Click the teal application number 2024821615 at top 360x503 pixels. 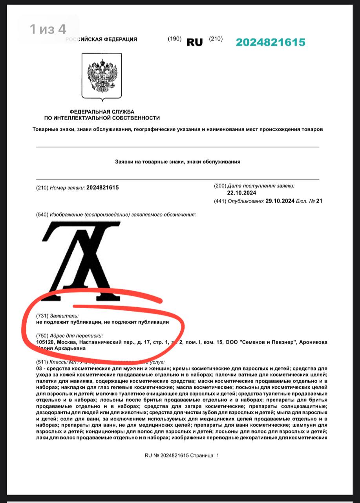pyautogui.click(x=270, y=42)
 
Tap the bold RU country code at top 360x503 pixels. pyautogui.click(x=195, y=42)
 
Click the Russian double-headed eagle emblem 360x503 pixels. pyautogui.click(x=102, y=76)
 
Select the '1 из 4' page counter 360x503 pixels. pyautogui.click(x=48, y=29)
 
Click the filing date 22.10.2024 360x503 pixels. pyautogui.click(x=241, y=193)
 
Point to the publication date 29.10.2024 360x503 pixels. pyautogui.click(x=280, y=201)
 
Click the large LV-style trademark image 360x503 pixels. pyautogui.click(x=81, y=261)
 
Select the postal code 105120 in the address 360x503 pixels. pyautogui.click(x=45, y=342)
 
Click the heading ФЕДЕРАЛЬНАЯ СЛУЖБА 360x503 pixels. pyautogui.click(x=102, y=112)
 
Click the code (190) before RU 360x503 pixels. pyautogui.click(x=175, y=39)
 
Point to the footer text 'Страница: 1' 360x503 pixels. pyautogui.click(x=205, y=455)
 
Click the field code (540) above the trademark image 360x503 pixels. pyautogui.click(x=42, y=214)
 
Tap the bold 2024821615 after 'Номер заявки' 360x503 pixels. pyautogui.click(x=102, y=188)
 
